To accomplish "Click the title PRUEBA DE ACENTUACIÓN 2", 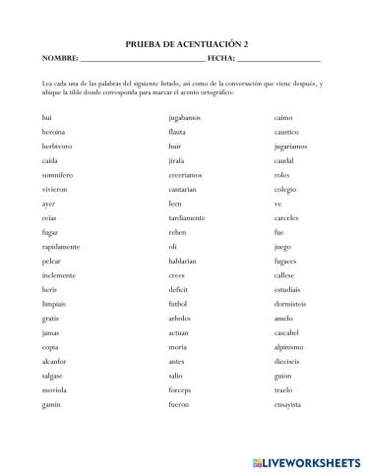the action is point(182,45).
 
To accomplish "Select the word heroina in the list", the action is point(55,131).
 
